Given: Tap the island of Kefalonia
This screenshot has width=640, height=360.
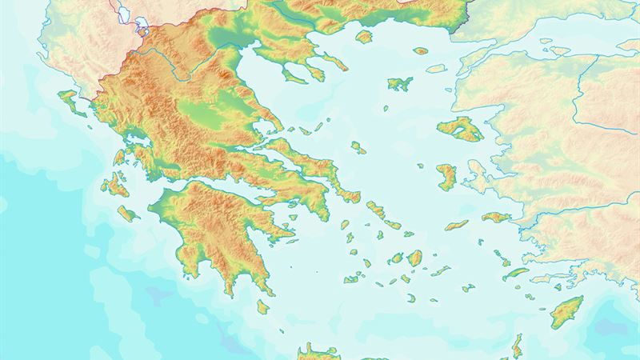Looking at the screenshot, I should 114,186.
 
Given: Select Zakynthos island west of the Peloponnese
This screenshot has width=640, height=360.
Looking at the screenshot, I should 127,214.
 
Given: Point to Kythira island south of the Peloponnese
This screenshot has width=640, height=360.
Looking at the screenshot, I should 262,306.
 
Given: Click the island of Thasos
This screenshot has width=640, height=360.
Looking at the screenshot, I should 364,37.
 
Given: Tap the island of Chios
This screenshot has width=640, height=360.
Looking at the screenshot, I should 446,176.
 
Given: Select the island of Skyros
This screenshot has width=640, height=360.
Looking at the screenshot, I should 358,148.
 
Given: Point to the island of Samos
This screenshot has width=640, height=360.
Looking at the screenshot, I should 496,217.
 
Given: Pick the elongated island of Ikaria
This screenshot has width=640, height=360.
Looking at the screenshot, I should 456,226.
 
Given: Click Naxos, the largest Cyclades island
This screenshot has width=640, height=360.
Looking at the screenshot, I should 414,258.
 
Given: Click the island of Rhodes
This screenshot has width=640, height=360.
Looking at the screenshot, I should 566,310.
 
